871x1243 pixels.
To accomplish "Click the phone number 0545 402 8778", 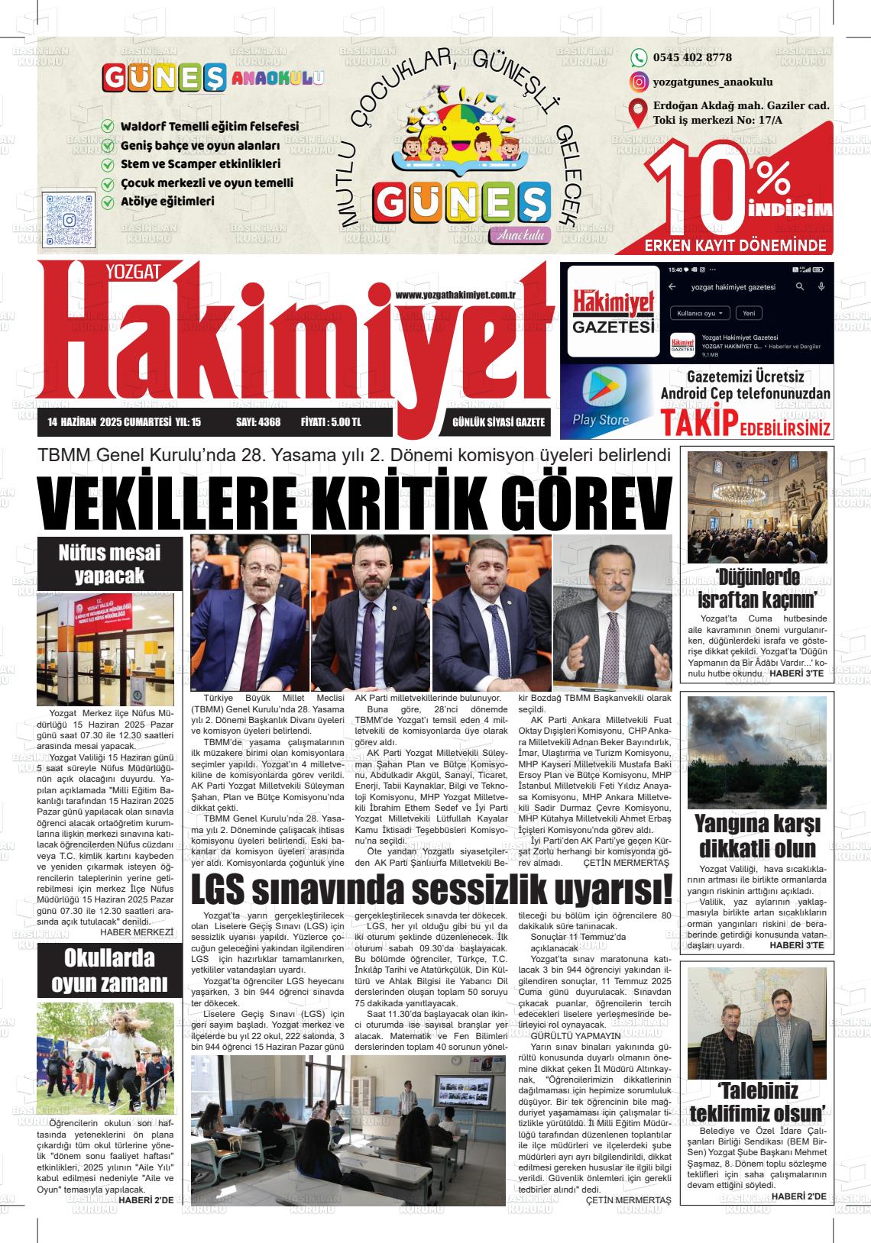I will pos(692,57).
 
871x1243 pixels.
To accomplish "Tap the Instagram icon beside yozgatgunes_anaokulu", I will pos(639,82).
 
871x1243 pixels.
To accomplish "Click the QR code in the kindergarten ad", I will pos(69,220).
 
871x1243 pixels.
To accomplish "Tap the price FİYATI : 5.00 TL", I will pos(331,422).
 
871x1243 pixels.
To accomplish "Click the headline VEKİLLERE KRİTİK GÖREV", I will pos(354,502).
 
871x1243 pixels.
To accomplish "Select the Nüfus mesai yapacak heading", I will pos(110,563).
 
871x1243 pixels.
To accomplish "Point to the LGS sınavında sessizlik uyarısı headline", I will pos(432,889).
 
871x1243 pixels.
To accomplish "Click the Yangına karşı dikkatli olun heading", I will pos(756,836).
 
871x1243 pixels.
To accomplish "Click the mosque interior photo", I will pos(756,507).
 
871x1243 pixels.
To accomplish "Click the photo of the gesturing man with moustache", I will pos(613,612).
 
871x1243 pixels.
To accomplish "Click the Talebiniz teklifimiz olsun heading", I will pos(756,1100).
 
